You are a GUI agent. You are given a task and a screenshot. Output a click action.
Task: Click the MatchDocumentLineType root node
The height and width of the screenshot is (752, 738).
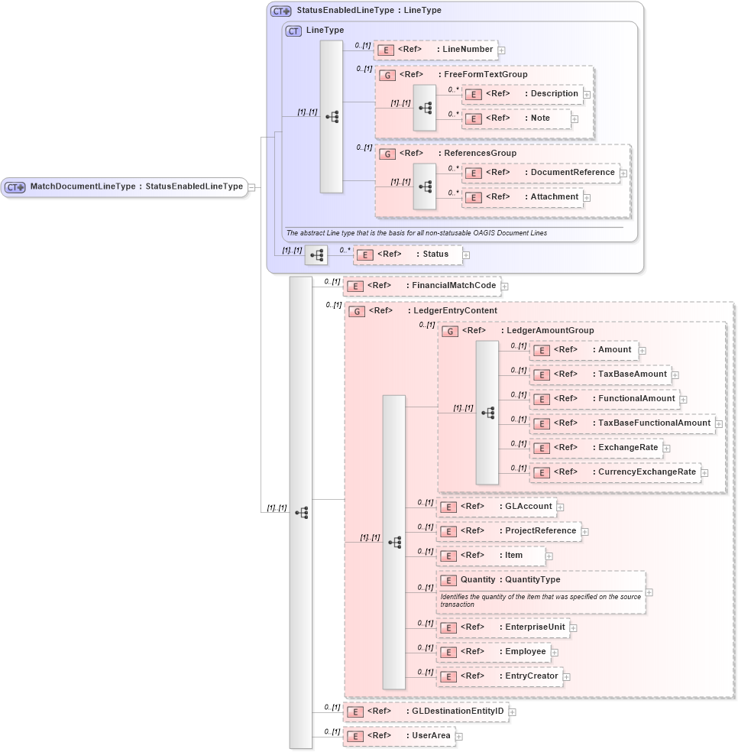click(125, 186)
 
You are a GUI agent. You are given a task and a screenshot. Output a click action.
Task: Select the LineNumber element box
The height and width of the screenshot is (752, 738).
click(435, 50)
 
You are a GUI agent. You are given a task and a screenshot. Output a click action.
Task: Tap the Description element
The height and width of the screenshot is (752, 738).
click(523, 94)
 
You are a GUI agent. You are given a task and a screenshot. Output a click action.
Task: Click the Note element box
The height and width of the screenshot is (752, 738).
click(517, 118)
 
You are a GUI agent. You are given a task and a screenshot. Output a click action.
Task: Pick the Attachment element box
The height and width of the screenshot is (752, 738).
click(523, 197)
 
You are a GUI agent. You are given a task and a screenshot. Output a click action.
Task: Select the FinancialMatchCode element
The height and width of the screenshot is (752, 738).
click(422, 286)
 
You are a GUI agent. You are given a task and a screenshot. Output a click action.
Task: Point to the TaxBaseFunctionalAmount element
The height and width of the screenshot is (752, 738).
click(623, 423)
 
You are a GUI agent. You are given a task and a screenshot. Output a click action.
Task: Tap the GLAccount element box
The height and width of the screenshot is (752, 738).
click(497, 506)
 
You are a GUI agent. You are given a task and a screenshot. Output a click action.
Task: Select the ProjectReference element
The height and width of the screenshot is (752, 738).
click(509, 530)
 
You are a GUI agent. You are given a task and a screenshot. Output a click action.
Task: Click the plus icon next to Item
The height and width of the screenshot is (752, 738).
click(549, 556)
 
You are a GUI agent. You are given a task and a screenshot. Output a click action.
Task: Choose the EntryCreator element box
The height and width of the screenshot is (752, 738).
click(500, 676)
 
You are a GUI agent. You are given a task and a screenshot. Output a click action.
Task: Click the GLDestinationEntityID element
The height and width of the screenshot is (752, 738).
click(426, 711)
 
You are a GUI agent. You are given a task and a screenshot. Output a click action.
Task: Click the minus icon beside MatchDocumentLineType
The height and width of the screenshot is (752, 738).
click(251, 187)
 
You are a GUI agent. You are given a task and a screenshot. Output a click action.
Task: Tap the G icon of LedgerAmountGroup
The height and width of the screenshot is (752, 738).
click(452, 331)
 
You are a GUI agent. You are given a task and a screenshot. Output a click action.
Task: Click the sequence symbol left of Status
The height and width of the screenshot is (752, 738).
click(316, 254)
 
